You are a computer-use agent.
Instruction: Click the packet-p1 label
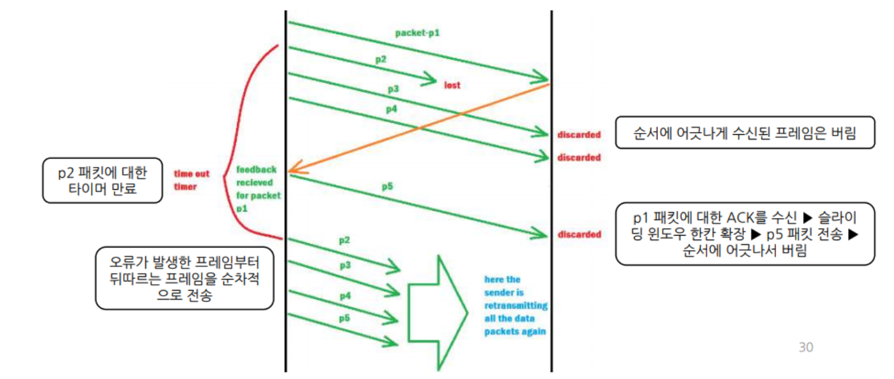point(417,32)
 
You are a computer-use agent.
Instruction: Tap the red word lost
point(453,85)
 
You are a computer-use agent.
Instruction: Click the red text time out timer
point(191,180)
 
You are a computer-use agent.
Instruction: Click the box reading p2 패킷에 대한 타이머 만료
point(102,180)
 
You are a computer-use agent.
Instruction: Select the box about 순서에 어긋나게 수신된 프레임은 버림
point(745,133)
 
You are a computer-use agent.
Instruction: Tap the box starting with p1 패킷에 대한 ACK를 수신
point(745,233)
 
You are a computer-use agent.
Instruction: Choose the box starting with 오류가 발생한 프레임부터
point(184,278)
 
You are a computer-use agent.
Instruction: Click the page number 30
point(806,347)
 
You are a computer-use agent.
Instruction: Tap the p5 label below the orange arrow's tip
point(387,187)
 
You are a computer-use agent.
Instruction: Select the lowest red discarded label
point(579,234)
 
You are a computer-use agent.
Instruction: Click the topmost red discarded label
point(579,135)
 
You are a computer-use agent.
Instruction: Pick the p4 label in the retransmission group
point(345,296)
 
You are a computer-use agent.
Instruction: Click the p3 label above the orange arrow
point(393,88)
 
